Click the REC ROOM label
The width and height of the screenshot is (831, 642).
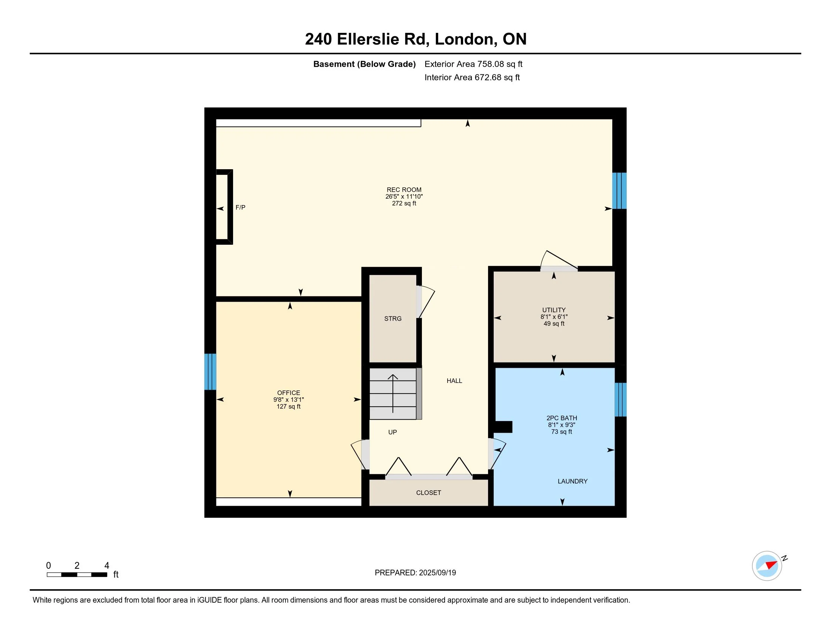404,190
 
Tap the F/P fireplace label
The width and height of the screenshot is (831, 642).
241,207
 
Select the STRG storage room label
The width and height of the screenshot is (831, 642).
393,319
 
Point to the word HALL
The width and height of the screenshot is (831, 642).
454,381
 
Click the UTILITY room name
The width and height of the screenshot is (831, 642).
554,310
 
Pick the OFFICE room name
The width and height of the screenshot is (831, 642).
289,393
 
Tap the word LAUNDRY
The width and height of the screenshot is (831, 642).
573,481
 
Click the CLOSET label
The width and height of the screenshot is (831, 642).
428,492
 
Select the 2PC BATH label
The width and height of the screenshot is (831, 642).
562,418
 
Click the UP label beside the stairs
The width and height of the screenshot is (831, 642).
393,432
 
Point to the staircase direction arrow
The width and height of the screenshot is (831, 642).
393,394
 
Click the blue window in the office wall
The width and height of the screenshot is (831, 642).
210,372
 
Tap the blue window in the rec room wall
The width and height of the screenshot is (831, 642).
619,191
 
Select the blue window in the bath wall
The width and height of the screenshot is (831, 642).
621,400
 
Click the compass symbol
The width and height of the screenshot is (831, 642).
767,566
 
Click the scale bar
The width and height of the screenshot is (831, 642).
77,575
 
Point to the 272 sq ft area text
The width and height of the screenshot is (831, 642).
404,204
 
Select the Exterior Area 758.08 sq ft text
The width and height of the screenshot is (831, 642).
473,64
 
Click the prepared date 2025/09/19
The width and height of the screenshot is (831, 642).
437,573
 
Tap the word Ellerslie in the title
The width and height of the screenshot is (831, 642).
368,39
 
